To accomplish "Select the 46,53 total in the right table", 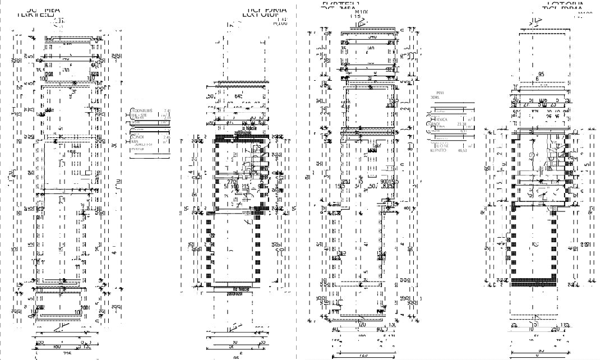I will click(x=463, y=151).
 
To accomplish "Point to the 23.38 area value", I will click(x=463, y=123).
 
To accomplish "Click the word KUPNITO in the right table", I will click(x=438, y=151).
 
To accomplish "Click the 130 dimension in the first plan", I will click(x=66, y=71).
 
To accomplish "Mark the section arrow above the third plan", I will click(x=362, y=22).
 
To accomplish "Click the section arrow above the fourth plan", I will click(x=536, y=21).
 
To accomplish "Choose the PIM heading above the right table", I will click(x=440, y=93).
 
